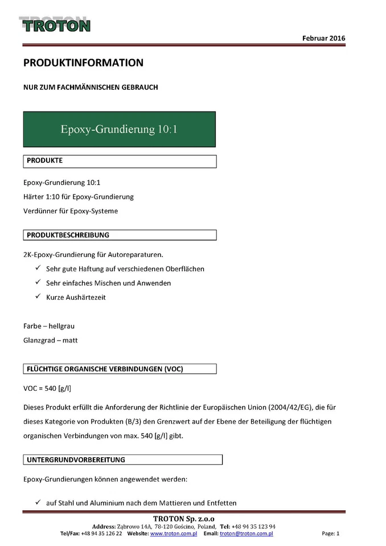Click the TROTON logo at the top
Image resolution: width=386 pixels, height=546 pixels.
55,24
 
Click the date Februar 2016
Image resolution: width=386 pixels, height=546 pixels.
323,38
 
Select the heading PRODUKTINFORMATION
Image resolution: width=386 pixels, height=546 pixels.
83,63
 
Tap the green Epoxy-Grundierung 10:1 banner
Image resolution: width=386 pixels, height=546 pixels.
119,129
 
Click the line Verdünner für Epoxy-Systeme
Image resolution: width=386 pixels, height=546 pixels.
71,212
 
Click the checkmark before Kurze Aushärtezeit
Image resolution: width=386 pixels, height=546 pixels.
38,296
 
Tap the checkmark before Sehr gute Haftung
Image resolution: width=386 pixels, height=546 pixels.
38,268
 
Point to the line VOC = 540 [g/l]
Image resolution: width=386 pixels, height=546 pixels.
47,388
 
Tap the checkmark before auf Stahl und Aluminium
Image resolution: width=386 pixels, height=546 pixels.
38,503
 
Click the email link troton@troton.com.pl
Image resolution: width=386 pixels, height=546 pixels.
246,533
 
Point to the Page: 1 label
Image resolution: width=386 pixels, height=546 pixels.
330,533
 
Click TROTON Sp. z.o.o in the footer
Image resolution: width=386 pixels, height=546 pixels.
183,518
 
